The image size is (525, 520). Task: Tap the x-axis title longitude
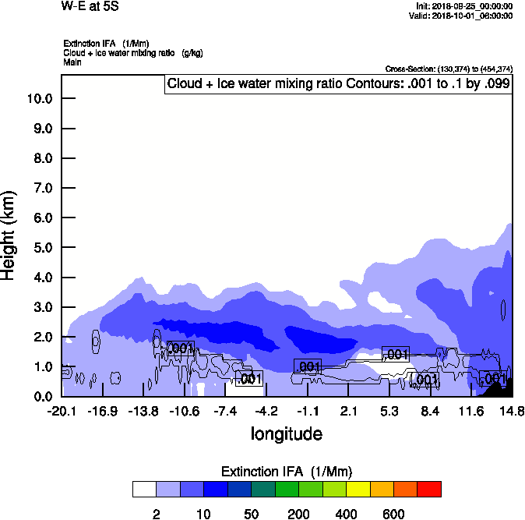286,433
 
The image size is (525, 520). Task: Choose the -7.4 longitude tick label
225,411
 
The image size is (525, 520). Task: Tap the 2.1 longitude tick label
348,411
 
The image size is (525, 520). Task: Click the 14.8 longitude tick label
512,411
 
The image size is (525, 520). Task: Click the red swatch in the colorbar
429,490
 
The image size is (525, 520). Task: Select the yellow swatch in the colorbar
358,490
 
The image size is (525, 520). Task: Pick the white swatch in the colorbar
144,490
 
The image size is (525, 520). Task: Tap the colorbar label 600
394,514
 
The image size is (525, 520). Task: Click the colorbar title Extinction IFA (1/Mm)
287,472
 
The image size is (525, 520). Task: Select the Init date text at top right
464,6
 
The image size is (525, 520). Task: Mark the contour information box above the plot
338,84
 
